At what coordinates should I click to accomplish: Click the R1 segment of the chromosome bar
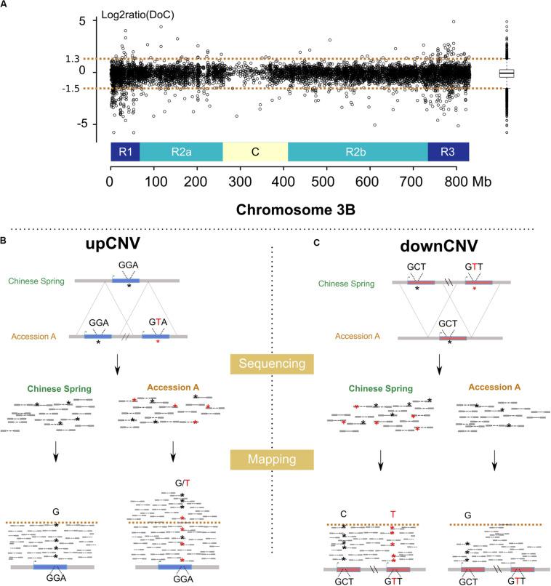pyautogui.click(x=124, y=152)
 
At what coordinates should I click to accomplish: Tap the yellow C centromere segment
pyautogui.click(x=255, y=152)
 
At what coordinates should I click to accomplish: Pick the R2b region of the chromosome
pyautogui.click(x=358, y=152)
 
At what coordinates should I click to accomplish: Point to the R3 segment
pyautogui.click(x=448, y=152)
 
